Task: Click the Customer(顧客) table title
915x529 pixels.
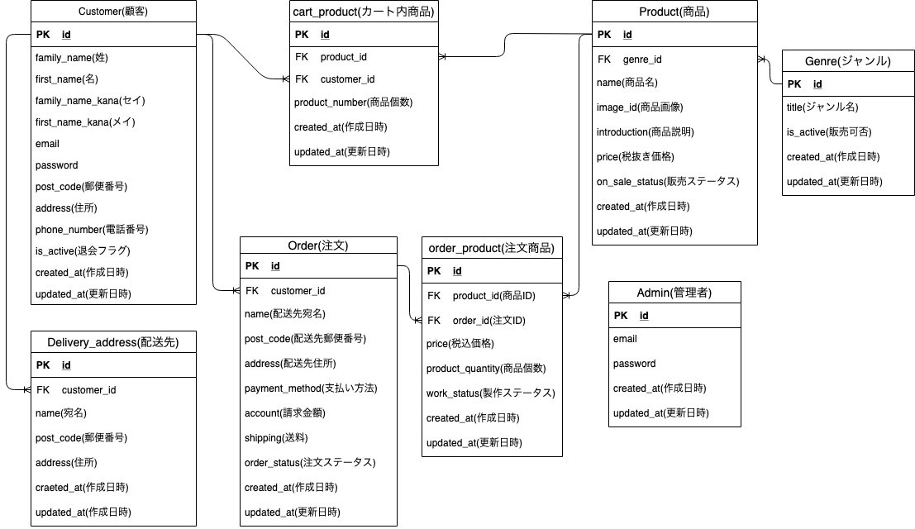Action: click(114, 12)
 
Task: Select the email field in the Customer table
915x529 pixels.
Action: click(48, 144)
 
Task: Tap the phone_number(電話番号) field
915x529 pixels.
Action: click(92, 230)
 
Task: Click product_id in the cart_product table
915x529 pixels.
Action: click(343, 58)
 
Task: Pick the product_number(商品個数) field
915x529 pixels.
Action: click(353, 102)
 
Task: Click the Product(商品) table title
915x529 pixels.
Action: click(674, 12)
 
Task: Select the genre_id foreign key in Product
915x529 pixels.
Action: click(641, 60)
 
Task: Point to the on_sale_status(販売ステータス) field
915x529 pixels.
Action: click(667, 182)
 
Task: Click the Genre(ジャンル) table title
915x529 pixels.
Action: click(848, 61)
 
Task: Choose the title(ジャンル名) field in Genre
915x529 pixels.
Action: click(822, 107)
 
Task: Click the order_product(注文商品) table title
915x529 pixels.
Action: click(491, 248)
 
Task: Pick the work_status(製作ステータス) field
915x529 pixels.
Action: click(490, 393)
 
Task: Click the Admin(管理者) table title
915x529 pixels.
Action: click(674, 293)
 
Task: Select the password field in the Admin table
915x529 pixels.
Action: click(635, 364)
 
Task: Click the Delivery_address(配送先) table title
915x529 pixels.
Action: click(113, 342)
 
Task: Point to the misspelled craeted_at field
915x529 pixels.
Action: click(82, 488)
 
